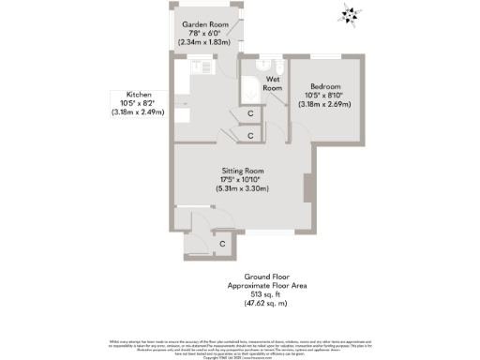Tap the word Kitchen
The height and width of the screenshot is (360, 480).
point(138,94)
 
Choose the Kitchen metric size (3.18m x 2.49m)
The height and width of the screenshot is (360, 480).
point(138,112)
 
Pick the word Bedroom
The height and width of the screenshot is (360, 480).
point(326,85)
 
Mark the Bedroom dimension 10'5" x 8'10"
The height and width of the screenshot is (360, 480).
point(326,95)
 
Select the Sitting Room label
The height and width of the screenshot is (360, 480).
point(241,170)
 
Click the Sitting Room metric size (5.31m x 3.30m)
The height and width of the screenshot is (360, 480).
point(241,188)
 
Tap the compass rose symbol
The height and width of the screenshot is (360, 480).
point(350,14)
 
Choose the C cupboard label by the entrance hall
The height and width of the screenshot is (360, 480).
point(222,245)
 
